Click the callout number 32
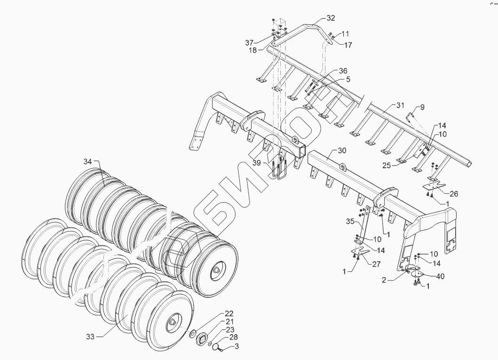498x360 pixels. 331,18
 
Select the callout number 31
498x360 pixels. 400,105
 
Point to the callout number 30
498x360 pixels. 342,150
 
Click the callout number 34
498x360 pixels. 88,161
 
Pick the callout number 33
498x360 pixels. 90,336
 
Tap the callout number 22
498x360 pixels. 229,313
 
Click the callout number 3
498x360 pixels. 237,346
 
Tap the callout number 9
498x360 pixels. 422,107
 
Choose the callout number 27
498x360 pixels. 377,264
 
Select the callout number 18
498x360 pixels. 253,50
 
